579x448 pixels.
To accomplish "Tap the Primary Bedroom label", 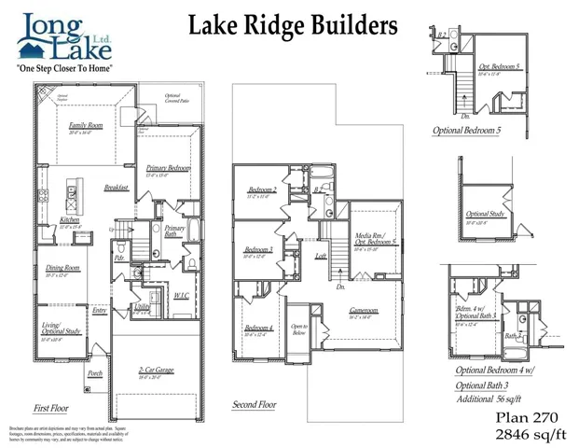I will tap(168, 168).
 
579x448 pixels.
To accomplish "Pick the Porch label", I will tap(95, 373).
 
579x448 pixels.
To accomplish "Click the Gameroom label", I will tap(363, 312).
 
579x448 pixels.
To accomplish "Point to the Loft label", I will tap(321, 255).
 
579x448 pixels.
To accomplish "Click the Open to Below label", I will tap(299, 329).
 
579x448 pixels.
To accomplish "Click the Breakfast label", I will tap(117, 187).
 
